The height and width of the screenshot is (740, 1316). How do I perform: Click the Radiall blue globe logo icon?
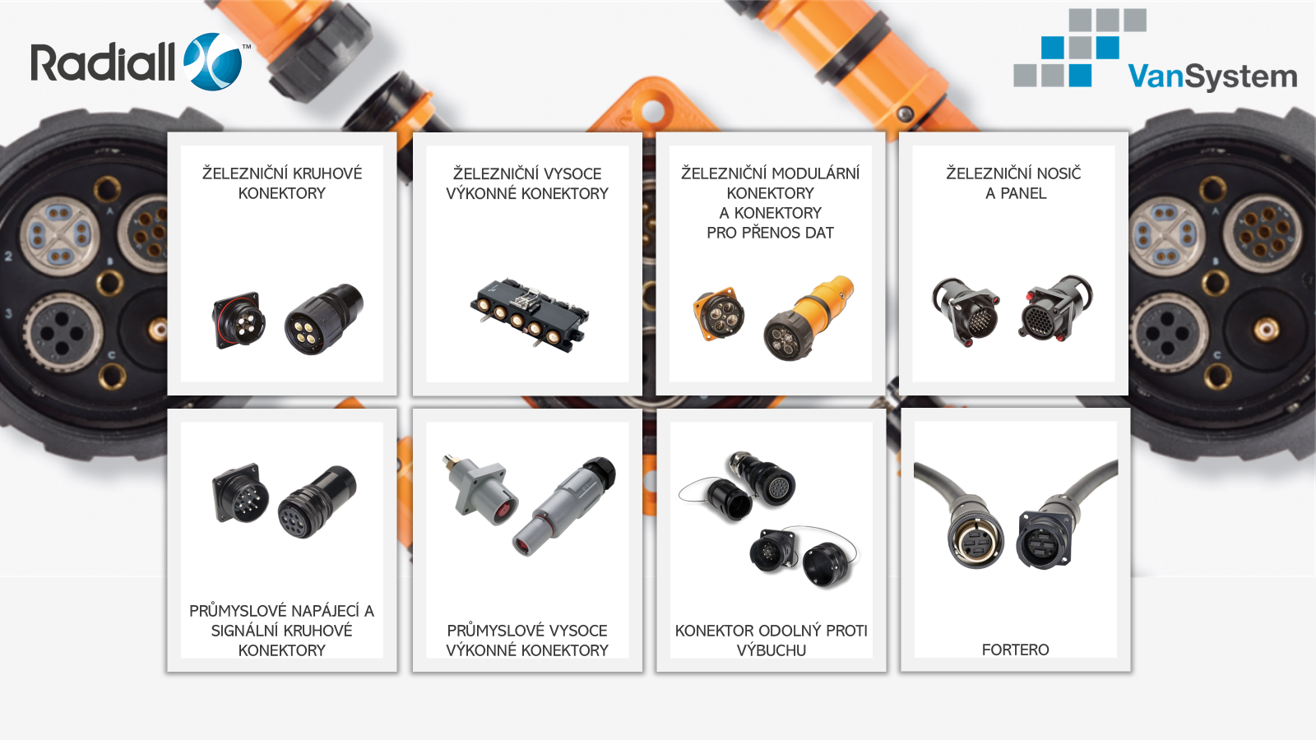213,62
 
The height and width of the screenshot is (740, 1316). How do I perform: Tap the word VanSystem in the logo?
1212,77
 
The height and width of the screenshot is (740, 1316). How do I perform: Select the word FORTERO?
1015,650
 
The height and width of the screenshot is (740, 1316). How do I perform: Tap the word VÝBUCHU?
771,650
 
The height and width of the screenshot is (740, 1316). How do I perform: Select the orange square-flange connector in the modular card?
719,313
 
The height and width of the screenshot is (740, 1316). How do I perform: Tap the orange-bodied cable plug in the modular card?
809,318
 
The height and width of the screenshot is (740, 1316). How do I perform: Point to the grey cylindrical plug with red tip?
564,506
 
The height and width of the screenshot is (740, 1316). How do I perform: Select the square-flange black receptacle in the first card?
239,321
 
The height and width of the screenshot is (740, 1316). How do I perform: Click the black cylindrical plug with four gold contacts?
324,320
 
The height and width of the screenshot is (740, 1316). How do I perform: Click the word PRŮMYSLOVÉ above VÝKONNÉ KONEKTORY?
527,630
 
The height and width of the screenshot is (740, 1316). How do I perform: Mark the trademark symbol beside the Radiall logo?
247,46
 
